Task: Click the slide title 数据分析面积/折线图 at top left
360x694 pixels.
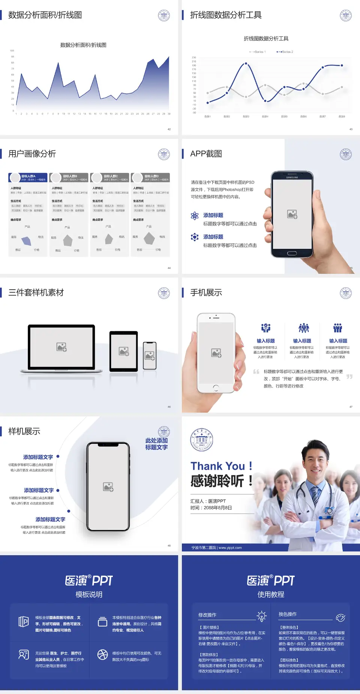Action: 45,15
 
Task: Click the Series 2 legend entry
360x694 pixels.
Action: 285,52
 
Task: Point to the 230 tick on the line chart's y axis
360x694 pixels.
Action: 194,57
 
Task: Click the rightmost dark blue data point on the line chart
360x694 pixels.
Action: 342,65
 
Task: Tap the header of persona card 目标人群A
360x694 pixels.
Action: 28,177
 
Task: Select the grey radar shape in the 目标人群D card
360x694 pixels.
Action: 149,238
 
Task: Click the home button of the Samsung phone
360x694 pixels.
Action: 292,253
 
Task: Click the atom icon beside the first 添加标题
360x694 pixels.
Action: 195,215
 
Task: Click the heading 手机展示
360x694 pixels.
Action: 206,293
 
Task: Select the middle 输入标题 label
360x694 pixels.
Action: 302,341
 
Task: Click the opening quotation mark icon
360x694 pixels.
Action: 256,372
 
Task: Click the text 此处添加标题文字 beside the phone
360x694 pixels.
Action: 156,444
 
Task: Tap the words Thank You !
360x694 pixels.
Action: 221,466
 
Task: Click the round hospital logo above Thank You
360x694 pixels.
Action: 201,439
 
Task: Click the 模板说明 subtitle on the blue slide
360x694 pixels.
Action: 89,595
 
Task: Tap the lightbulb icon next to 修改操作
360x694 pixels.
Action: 261,616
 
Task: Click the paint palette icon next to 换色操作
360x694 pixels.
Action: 340,617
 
